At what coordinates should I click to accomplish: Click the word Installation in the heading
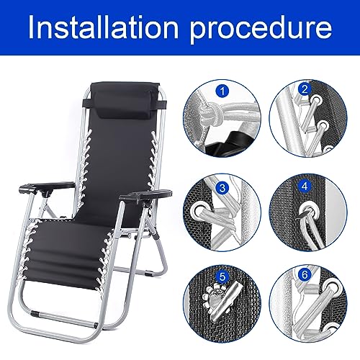click(x=108, y=30)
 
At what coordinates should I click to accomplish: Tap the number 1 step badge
click(x=222, y=91)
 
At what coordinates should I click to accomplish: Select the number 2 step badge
click(x=305, y=91)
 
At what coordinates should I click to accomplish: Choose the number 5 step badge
click(x=222, y=274)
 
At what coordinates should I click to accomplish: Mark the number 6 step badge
click(x=305, y=274)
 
